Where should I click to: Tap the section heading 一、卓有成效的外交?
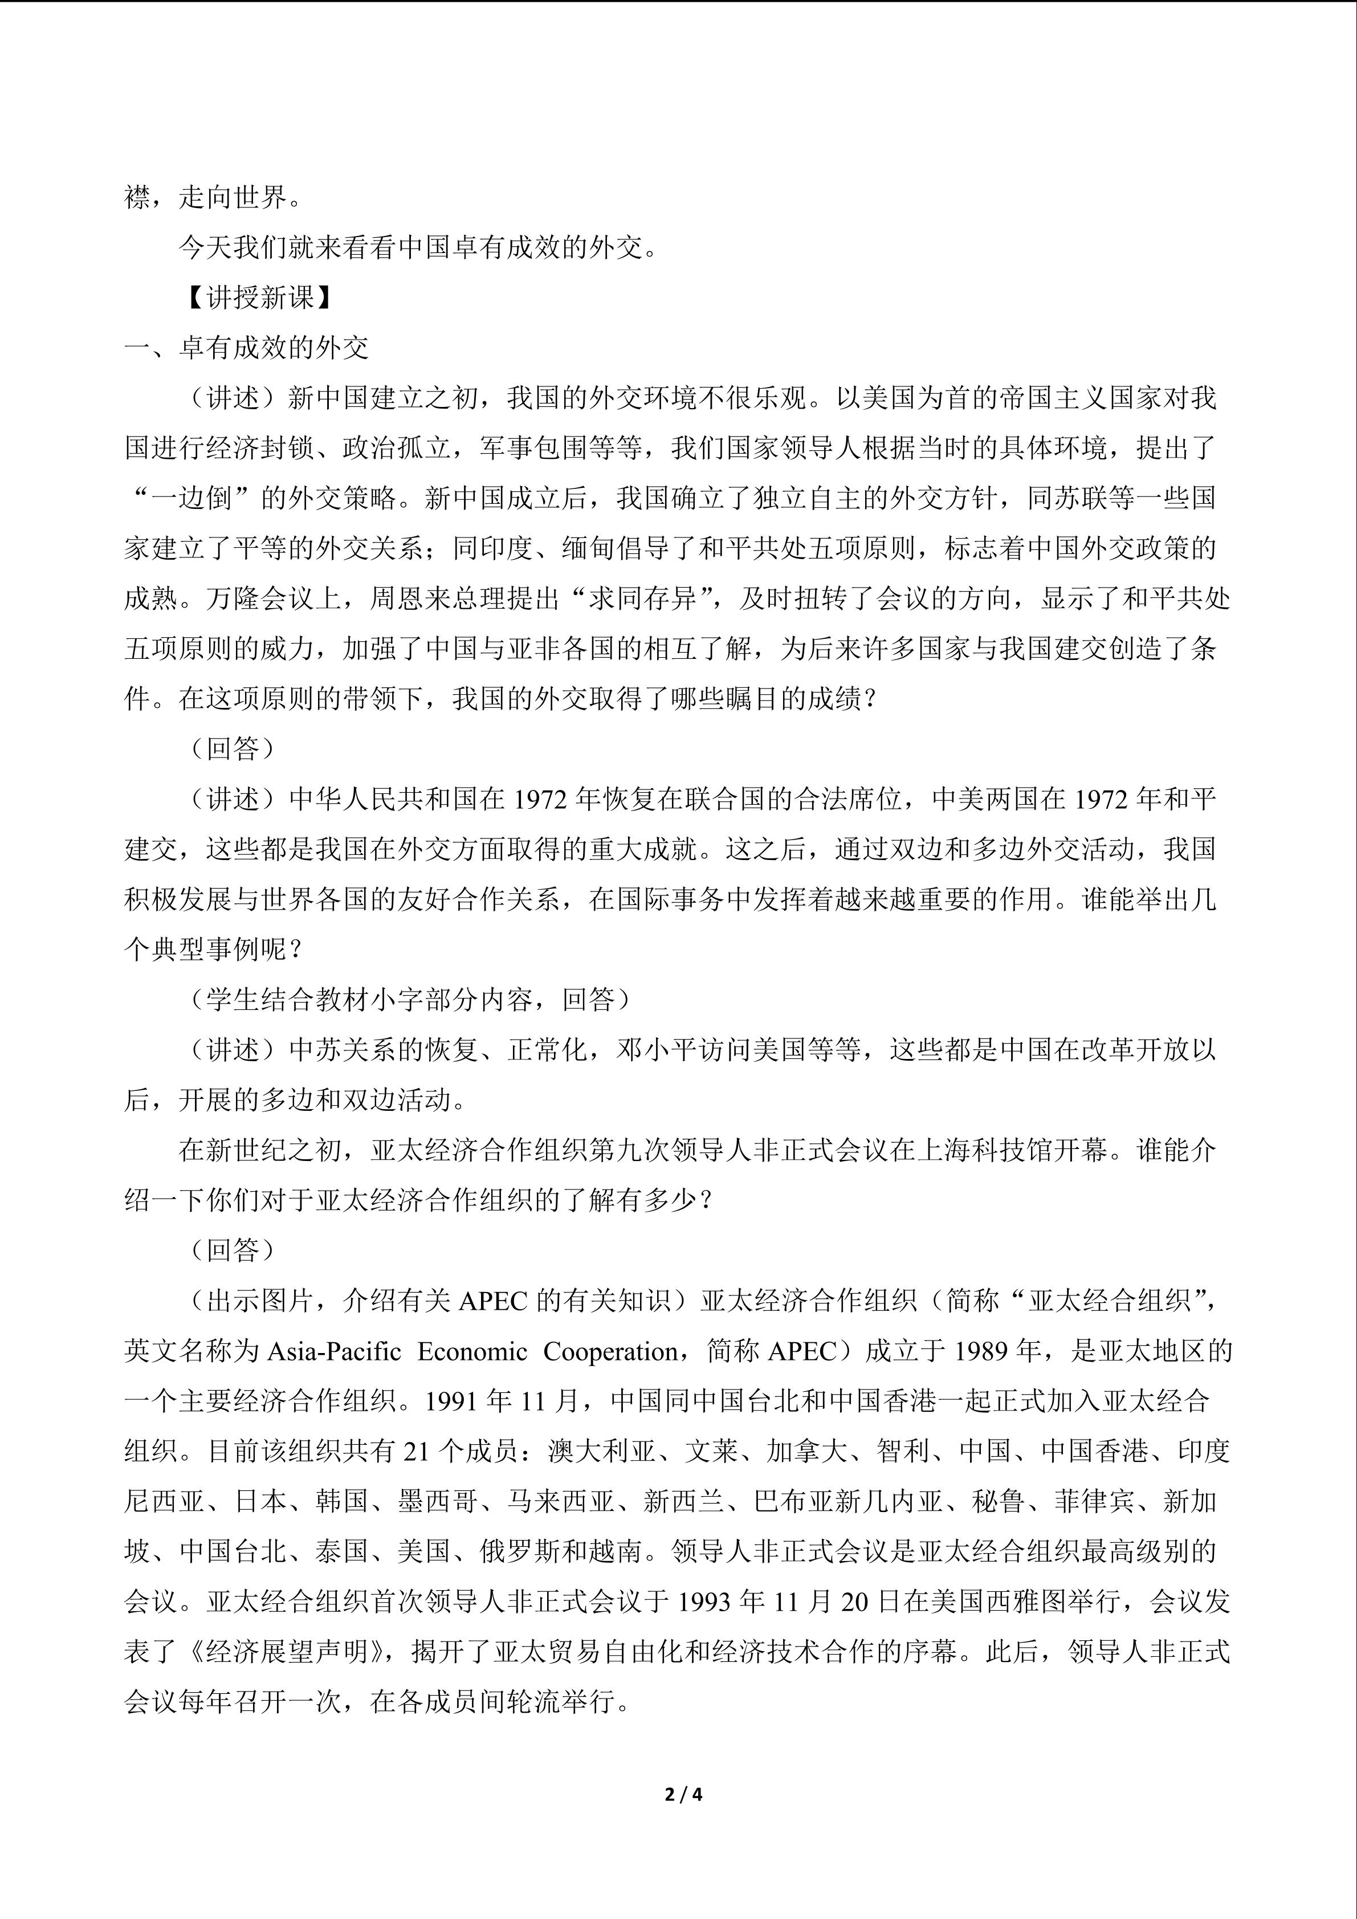(247, 348)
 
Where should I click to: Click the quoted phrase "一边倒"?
(193, 498)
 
